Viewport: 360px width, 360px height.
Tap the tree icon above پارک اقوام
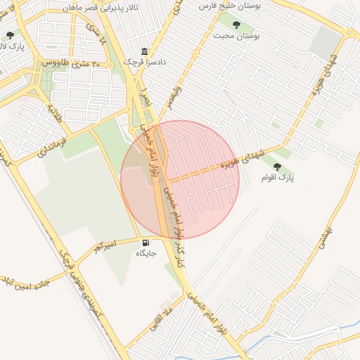[277, 167]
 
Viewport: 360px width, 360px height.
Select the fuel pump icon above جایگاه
[146, 241]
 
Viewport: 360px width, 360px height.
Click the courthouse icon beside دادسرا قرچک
[145, 51]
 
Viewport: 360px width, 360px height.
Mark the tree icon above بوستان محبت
[236, 25]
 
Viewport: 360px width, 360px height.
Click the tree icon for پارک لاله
[10, 35]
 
